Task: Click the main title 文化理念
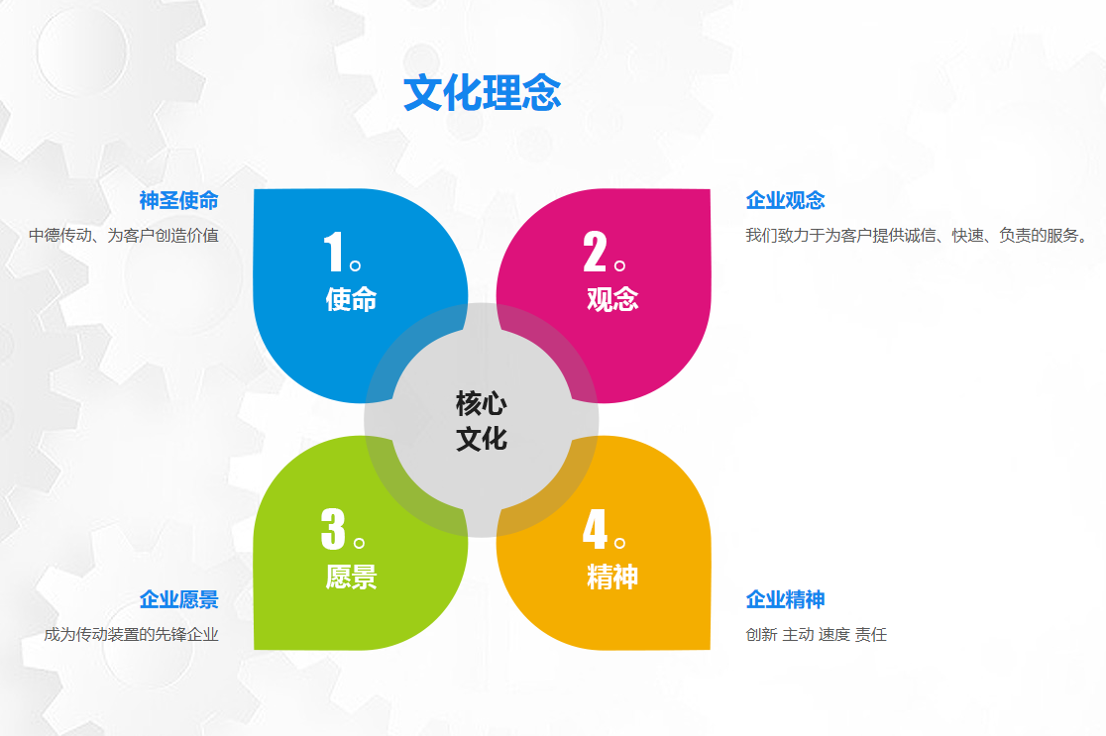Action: click(483, 92)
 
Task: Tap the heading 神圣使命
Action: click(179, 200)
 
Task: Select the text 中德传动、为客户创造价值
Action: click(124, 236)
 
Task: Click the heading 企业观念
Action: click(785, 200)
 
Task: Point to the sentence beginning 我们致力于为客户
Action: click(916, 236)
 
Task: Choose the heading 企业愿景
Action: click(179, 599)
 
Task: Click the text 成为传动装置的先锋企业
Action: click(131, 635)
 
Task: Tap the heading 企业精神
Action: click(785, 599)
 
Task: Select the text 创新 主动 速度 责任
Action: click(816, 635)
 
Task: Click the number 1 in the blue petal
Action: click(333, 251)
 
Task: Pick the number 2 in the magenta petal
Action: click(595, 251)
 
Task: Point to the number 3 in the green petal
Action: click(333, 529)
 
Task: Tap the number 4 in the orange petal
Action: click(595, 529)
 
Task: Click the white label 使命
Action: click(351, 299)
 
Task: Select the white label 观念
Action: click(612, 299)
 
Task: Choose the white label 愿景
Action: click(351, 577)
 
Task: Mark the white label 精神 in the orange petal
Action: click(612, 577)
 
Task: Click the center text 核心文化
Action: click(482, 421)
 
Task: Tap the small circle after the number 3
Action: click(359, 543)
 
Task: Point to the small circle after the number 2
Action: click(620, 265)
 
